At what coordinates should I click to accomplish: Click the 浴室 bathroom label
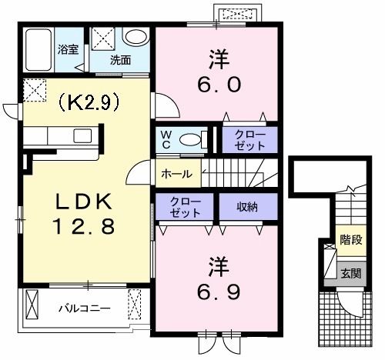68,50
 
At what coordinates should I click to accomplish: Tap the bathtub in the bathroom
38,49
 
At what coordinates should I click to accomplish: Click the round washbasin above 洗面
136,38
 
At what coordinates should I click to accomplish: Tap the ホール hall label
176,175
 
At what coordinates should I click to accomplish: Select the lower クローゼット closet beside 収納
185,207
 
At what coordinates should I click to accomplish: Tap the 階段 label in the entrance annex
351,240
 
